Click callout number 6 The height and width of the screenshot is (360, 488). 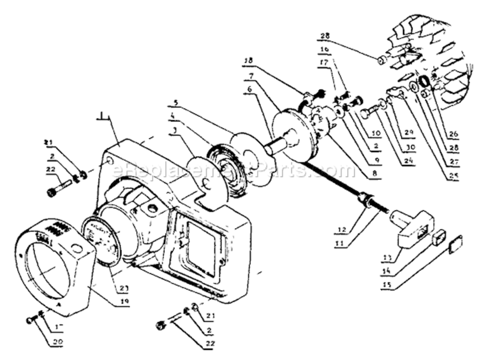262,89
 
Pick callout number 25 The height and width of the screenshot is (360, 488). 452,176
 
